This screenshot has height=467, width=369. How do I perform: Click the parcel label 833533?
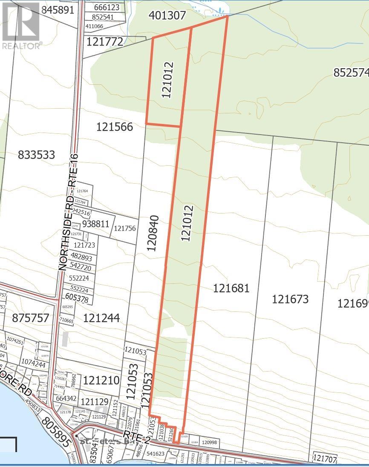click(x=37, y=155)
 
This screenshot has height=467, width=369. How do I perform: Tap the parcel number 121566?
click(x=115, y=127)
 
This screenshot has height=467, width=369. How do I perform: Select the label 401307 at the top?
click(x=167, y=16)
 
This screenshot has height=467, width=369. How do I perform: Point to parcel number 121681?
click(x=231, y=288)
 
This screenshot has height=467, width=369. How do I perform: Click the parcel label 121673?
click(x=290, y=299)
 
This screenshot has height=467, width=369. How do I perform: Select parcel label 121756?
click(x=124, y=228)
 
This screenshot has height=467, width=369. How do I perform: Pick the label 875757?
click(x=31, y=318)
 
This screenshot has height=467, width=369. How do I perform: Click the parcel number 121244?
click(x=101, y=318)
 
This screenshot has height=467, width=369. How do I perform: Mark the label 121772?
click(x=105, y=42)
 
